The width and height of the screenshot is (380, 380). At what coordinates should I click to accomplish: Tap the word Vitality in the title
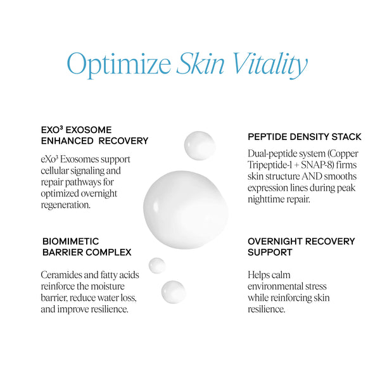[267, 64]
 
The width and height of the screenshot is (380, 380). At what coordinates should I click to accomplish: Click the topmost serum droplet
[199, 145]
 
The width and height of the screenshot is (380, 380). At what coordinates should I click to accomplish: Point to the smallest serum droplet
[156, 265]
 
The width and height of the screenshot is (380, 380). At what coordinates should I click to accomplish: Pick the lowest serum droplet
[173, 292]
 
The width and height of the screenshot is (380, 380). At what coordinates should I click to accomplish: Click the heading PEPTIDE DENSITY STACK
[304, 137]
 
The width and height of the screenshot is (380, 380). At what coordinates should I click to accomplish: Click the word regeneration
[68, 205]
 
